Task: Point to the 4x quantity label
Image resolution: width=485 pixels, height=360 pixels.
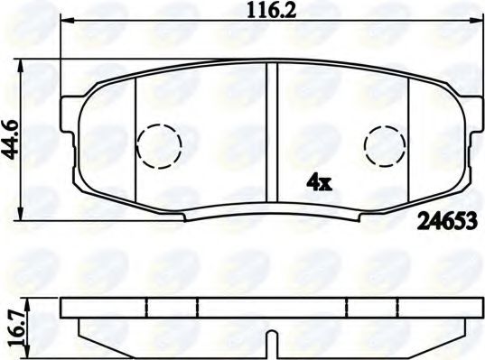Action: pyautogui.click(x=321, y=182)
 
